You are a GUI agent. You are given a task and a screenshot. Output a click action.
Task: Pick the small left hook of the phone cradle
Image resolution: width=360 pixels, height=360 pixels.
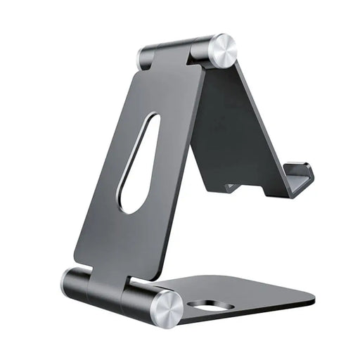(231, 187)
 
